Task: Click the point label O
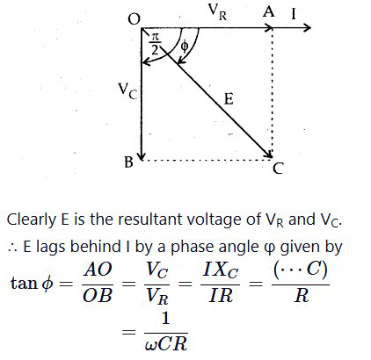coord(135,19)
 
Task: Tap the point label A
coord(269,12)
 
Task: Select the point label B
coord(128,162)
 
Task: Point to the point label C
coord(278,169)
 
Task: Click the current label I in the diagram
coord(294,14)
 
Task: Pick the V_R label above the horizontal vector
coord(217,12)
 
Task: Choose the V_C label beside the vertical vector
coord(127,91)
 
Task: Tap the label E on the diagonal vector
coord(229,99)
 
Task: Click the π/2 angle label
coord(155,44)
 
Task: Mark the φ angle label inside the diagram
coord(184,46)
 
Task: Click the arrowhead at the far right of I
coord(307,28)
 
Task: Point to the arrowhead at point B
coord(142,156)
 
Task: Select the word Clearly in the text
coord(32,220)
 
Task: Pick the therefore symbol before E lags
coord(12,248)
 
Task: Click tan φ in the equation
coord(32,284)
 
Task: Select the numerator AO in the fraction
coord(98,270)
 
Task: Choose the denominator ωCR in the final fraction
coord(166,343)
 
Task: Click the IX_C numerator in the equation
coord(221,270)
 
